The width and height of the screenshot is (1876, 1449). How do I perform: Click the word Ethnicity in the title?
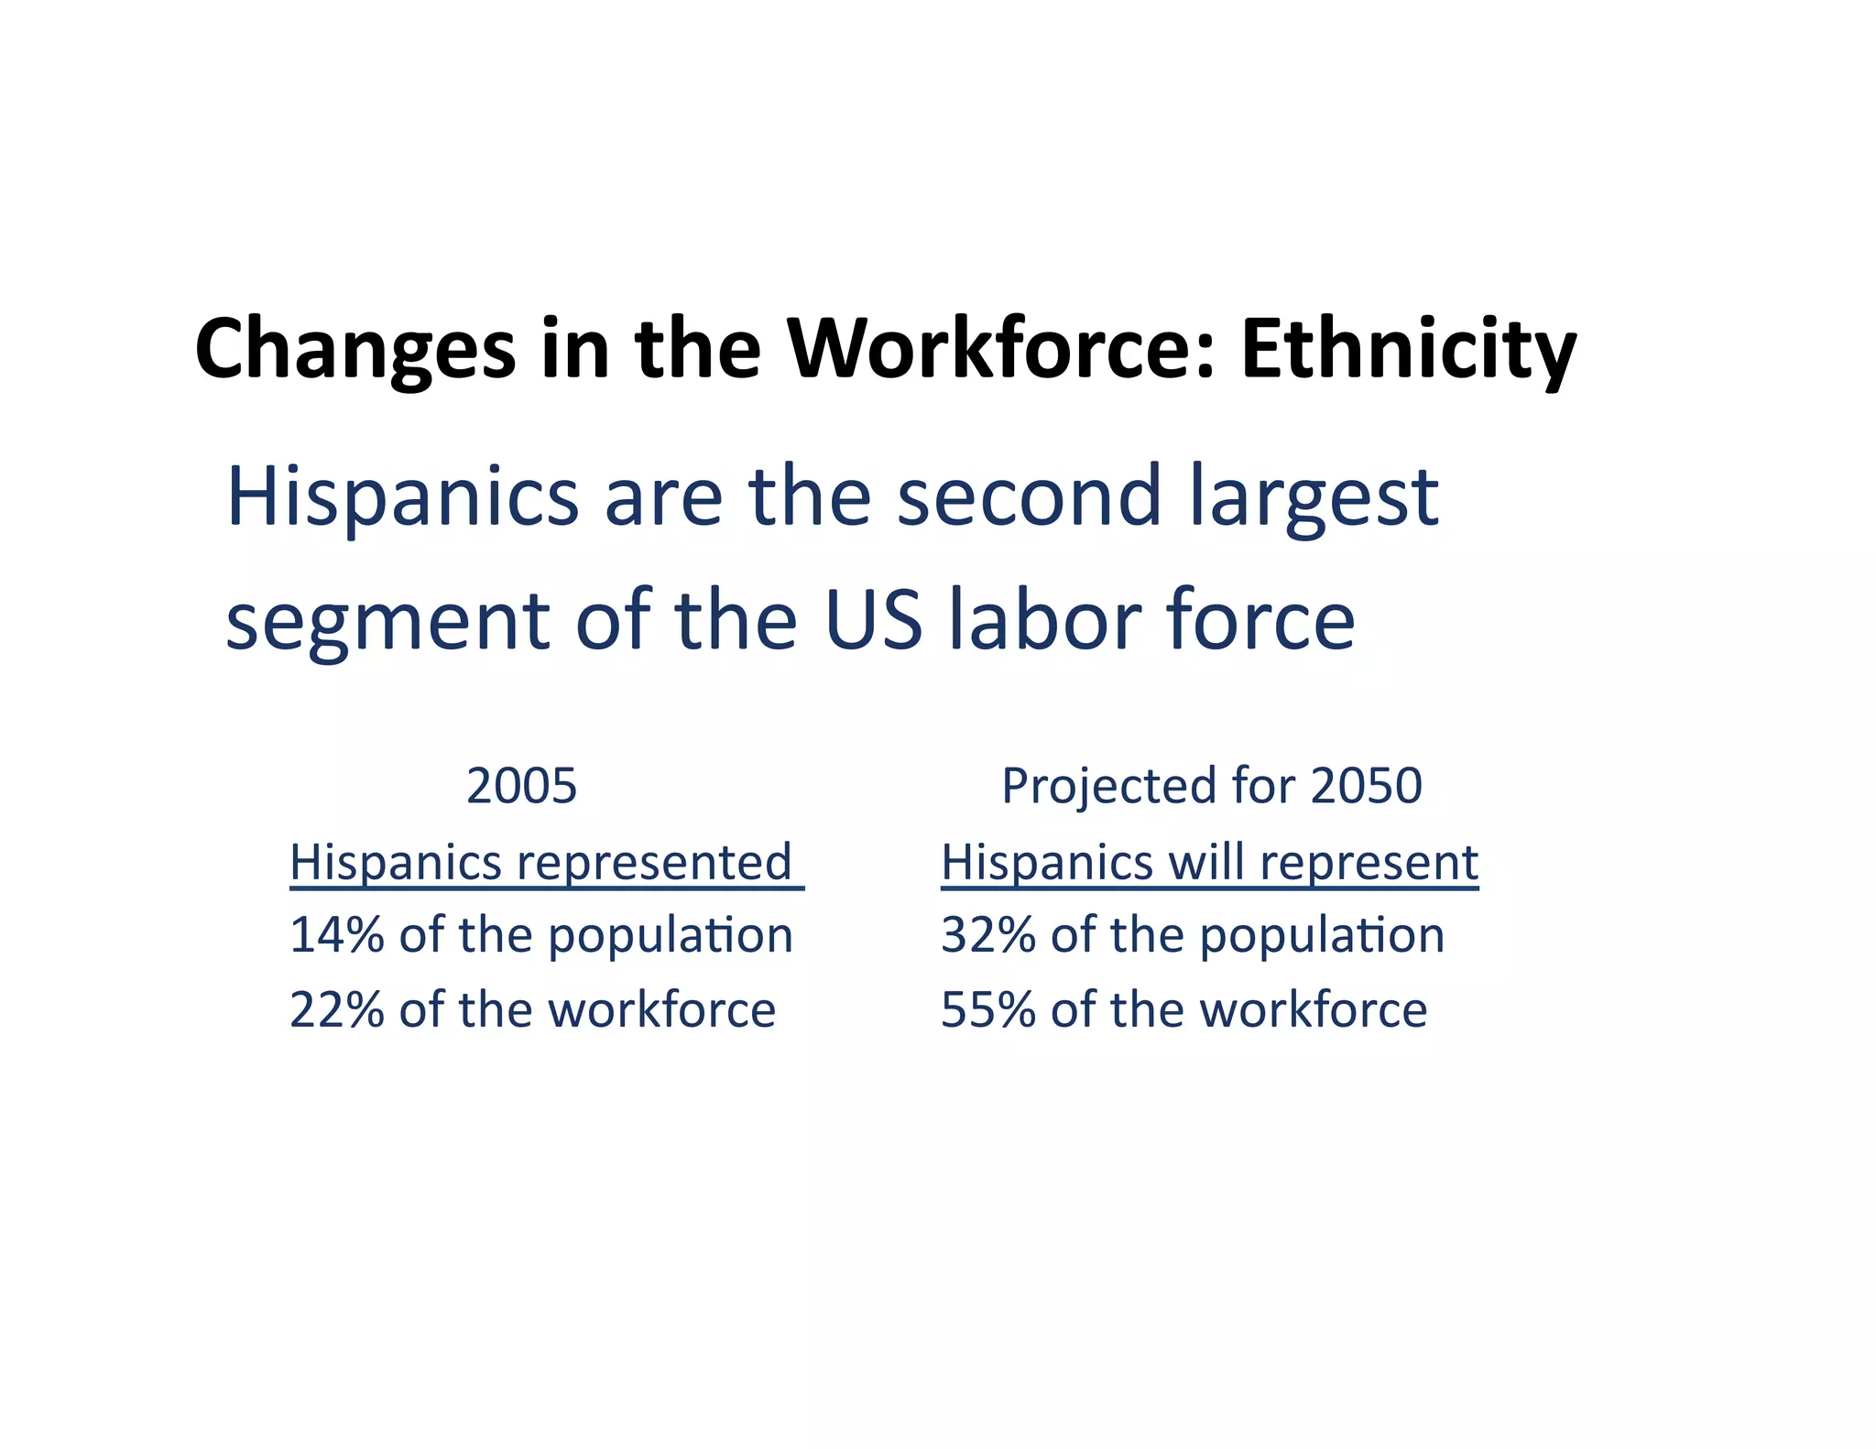[x=1408, y=350]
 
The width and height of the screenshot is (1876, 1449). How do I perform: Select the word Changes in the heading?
[x=355, y=352]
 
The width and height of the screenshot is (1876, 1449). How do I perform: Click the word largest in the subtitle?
[x=1314, y=500]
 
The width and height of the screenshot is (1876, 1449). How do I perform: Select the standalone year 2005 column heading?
[x=521, y=786]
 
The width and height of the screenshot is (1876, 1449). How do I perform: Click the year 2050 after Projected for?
[x=1366, y=786]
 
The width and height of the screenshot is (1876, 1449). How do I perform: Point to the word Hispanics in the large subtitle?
[x=402, y=498]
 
